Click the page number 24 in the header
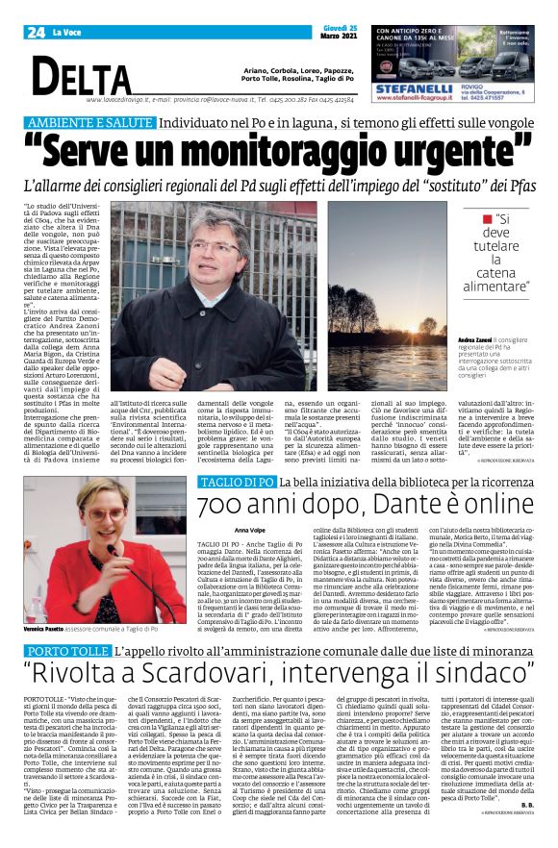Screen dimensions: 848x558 37,33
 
